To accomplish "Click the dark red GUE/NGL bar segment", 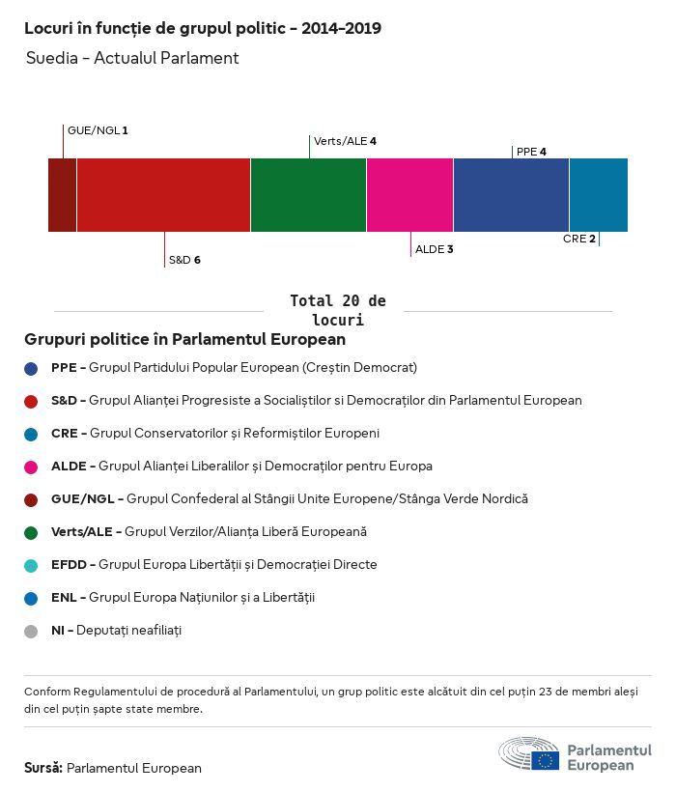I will [x=62, y=195].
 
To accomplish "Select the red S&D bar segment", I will [x=163, y=195].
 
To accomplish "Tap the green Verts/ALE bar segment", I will [x=308, y=195].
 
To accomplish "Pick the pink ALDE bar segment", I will [x=409, y=195].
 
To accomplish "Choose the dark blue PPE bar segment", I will [x=511, y=195].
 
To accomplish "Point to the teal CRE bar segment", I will [x=598, y=195].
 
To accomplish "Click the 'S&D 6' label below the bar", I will [x=184, y=260].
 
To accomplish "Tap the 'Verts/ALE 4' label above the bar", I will [x=345, y=141].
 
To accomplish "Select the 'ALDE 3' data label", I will [x=434, y=249].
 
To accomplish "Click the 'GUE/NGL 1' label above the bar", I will [x=98, y=129].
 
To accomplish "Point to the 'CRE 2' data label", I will [x=579, y=239].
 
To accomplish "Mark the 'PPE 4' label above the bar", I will [x=531, y=152].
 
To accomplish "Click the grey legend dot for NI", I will [x=31, y=632].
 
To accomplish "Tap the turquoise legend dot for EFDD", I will [x=31, y=566].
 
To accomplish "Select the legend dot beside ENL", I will [x=31, y=599].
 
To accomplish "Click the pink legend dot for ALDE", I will [x=31, y=467].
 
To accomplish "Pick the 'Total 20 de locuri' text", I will [x=337, y=310].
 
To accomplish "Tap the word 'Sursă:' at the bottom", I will [x=43, y=768].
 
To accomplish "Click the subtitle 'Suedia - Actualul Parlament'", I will [x=132, y=58].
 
